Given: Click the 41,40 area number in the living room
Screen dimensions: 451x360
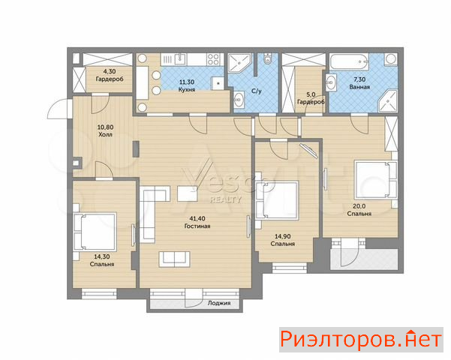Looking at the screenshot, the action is click(x=197, y=218).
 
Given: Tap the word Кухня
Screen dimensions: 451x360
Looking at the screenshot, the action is click(x=187, y=89).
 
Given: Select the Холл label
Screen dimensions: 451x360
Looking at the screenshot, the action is click(x=105, y=134).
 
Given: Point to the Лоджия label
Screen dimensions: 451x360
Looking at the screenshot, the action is click(x=219, y=303).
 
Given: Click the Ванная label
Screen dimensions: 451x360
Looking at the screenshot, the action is click(x=359, y=87).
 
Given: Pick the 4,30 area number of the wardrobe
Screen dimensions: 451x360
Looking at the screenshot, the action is click(x=110, y=71).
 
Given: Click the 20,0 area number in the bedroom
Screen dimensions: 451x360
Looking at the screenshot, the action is click(x=359, y=206).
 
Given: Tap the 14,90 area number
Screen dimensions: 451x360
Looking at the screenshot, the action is click(x=282, y=236).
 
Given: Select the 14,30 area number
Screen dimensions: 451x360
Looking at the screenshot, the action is click(x=102, y=256).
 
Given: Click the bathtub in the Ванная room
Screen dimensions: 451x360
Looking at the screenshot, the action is click(x=349, y=62).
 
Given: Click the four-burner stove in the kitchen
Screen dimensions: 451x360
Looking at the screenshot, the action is click(x=213, y=59).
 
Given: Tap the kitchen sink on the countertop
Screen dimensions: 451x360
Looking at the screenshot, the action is click(x=180, y=59).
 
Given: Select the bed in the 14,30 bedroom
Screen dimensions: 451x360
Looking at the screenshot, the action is click(x=95, y=232).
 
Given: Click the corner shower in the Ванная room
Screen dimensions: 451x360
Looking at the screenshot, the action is click(x=388, y=100).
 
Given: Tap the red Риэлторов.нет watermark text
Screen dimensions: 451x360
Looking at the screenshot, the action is click(x=361, y=340).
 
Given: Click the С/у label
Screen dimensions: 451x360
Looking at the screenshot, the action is click(x=257, y=91).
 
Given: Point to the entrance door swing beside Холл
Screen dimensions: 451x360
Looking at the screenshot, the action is click(x=59, y=108).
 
